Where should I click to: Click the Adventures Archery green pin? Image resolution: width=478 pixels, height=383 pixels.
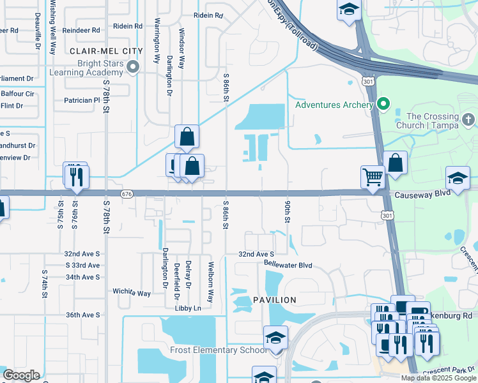pos(383,103)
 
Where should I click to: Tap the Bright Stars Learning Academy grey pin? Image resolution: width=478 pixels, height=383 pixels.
pos(133,66)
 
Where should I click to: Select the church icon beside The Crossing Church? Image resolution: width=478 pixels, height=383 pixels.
pos(468,119)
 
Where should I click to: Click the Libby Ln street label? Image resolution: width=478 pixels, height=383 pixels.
pos(188,308)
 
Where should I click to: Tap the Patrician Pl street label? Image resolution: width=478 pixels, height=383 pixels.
pos(82,100)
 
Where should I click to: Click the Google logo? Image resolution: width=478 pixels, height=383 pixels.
pos(22,375)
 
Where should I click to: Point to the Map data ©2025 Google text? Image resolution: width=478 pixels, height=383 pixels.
pos(438,378)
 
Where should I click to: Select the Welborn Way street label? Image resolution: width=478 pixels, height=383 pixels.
pos(210,281)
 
